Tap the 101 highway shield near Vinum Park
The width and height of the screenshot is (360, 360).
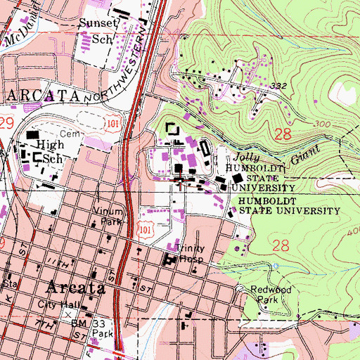(x=146, y=229)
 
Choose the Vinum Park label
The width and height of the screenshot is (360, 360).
(x=107, y=216)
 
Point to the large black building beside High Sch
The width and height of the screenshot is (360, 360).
(x=32, y=134)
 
